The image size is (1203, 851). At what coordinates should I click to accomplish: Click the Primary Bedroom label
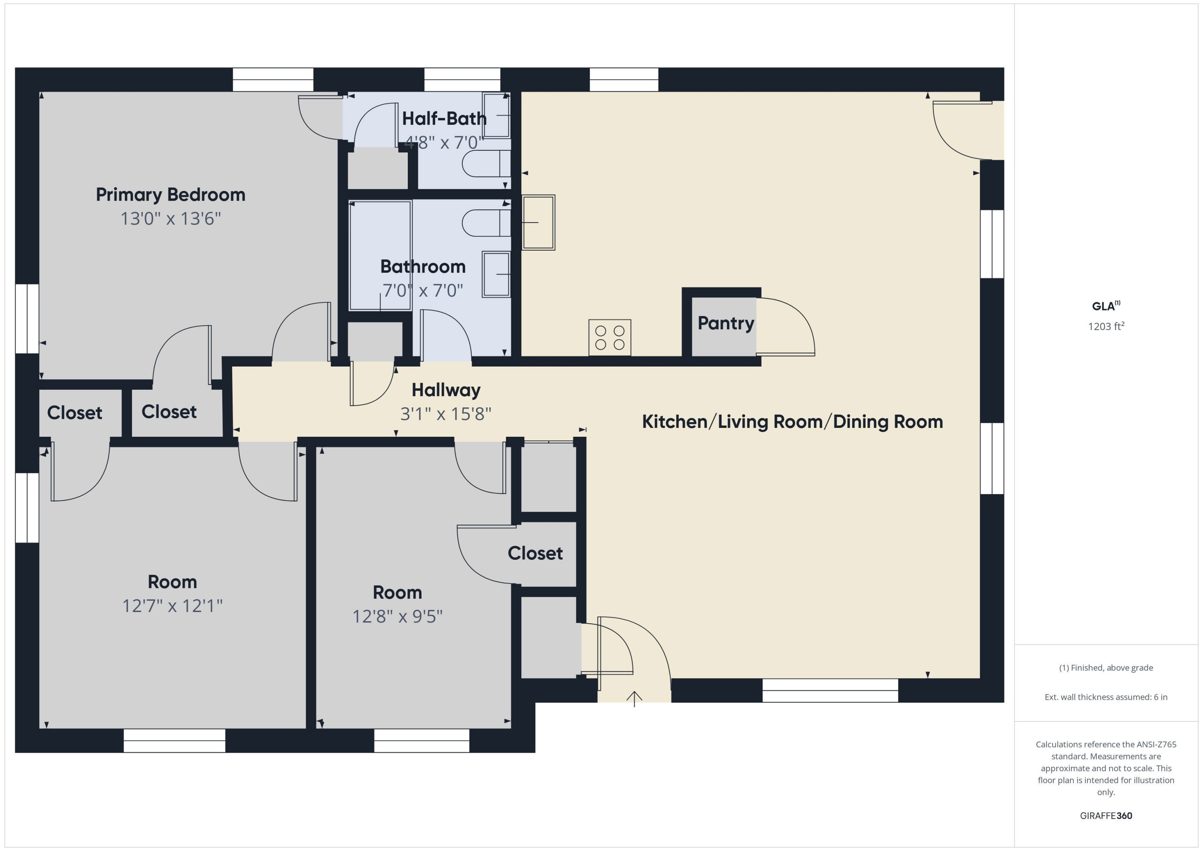click(x=170, y=195)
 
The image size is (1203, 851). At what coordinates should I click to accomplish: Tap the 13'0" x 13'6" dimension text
click(x=171, y=219)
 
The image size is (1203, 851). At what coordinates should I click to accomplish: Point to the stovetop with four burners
click(x=610, y=337)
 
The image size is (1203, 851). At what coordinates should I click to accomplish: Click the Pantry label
click(x=726, y=323)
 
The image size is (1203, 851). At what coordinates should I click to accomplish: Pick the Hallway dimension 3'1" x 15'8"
click(x=446, y=414)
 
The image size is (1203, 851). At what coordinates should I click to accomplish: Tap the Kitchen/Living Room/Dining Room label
click(x=792, y=422)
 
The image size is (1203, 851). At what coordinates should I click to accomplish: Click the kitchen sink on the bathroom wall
click(x=538, y=223)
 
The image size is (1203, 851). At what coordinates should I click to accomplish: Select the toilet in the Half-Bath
click(x=486, y=164)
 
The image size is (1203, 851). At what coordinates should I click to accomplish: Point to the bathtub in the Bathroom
click(x=381, y=256)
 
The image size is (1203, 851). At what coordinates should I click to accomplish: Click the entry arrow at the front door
click(x=634, y=699)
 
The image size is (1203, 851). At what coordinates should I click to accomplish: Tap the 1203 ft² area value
click(x=1106, y=326)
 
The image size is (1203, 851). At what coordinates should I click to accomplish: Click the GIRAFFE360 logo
click(x=1106, y=816)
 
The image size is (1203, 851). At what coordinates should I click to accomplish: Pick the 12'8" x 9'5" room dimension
click(x=397, y=617)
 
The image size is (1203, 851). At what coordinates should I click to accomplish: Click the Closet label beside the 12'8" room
click(x=535, y=553)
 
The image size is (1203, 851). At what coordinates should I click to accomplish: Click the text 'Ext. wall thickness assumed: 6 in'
click(x=1106, y=697)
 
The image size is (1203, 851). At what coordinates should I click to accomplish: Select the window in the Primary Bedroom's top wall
click(x=273, y=80)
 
